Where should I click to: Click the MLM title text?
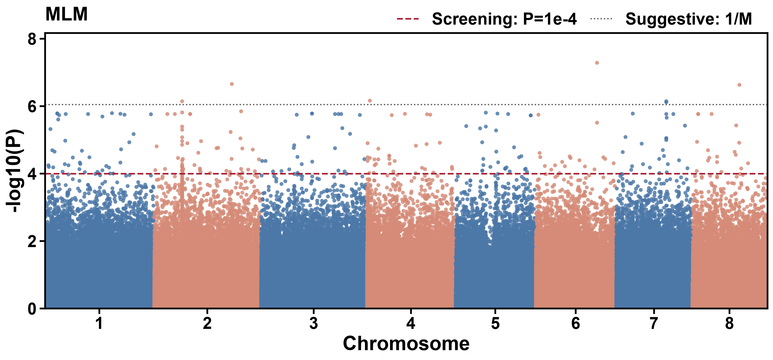(x=66, y=14)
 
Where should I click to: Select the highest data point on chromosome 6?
(x=597, y=63)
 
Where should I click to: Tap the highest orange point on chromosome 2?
(x=232, y=84)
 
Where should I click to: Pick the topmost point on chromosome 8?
(x=739, y=85)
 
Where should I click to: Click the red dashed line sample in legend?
(x=408, y=19)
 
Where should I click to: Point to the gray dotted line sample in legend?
(x=601, y=19)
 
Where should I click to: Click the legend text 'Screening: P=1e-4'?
(x=504, y=19)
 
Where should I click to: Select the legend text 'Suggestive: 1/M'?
(x=689, y=19)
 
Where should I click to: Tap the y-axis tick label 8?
(x=32, y=39)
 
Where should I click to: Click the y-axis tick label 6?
(x=32, y=106)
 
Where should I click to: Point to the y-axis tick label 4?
(x=32, y=174)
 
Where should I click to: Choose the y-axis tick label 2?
(x=32, y=241)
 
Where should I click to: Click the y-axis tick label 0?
(x=32, y=309)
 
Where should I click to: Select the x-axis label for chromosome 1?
(x=99, y=323)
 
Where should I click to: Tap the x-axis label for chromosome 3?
(x=313, y=323)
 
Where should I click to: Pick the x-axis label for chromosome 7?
(x=654, y=323)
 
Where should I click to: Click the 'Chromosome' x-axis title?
(x=406, y=344)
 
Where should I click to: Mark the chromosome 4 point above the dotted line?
(x=370, y=100)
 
